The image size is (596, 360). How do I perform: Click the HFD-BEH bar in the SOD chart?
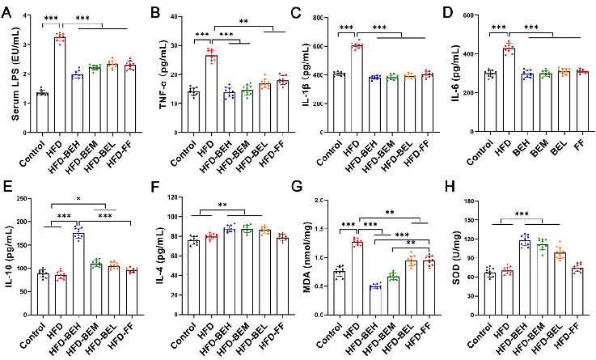point(524,271)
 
